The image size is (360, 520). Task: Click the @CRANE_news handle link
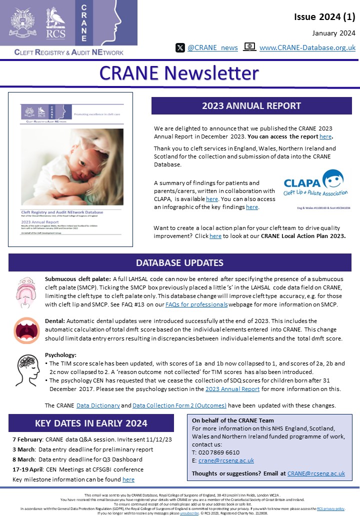point(212,47)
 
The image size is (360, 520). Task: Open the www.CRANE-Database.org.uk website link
point(307,47)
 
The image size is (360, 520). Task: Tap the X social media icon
point(180,47)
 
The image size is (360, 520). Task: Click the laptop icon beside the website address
point(249,47)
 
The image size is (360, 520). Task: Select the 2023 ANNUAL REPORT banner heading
point(251,106)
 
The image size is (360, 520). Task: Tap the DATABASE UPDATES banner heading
point(180,263)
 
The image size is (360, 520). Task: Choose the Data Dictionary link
point(98,405)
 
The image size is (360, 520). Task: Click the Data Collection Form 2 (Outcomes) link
point(179,405)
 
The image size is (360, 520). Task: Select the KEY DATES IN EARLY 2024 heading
point(91,423)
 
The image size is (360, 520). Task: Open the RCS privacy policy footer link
point(330,508)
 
